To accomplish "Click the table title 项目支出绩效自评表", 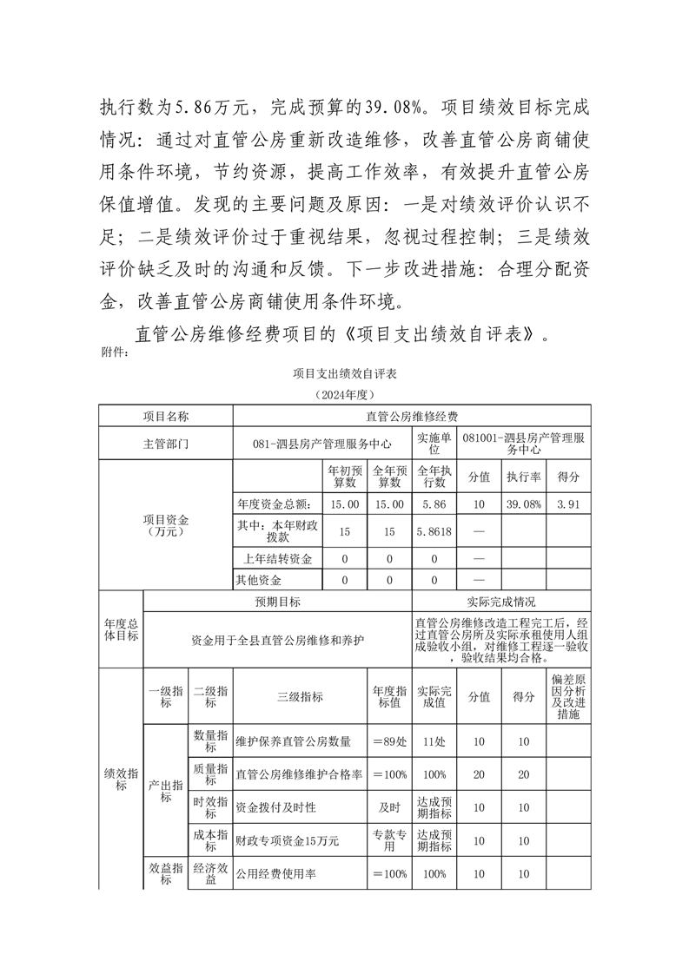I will (344, 373).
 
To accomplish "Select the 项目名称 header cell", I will (166, 416).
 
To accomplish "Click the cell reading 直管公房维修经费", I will (412, 416).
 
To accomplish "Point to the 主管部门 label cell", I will (166, 443).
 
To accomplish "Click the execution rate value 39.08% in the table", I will (525, 504).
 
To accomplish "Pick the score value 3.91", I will (568, 504).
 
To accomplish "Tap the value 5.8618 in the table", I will (434, 531).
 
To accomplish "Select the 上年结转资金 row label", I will (275, 557).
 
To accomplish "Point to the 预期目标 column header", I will (277, 602).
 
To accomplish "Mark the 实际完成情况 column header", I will (501, 602).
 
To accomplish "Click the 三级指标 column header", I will (300, 696).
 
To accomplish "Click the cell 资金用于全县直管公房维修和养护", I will (277, 639).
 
